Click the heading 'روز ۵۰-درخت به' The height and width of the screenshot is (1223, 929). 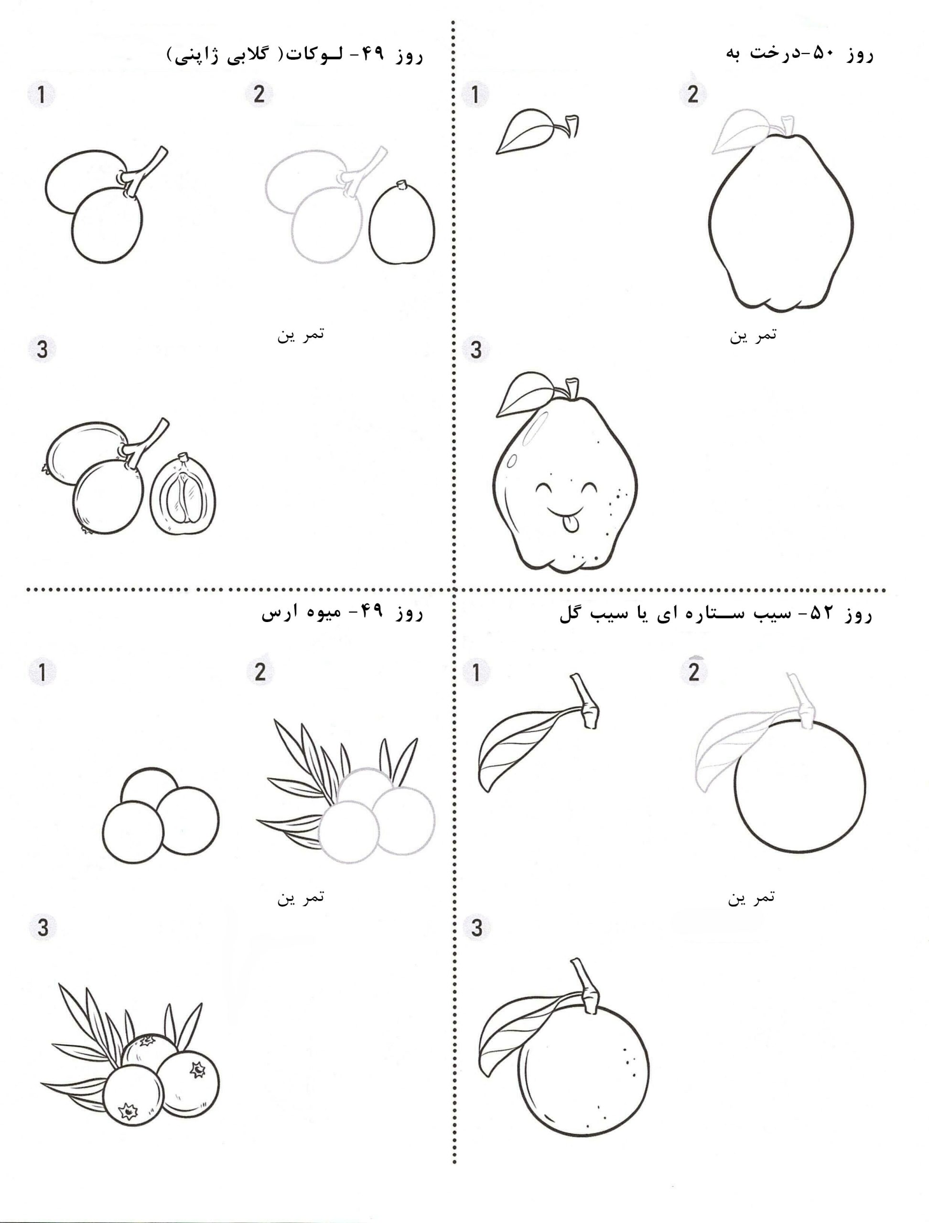click(799, 55)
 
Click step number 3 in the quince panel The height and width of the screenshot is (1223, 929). click(476, 350)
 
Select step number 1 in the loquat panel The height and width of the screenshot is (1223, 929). click(42, 95)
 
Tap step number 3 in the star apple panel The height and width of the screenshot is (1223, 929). click(476, 927)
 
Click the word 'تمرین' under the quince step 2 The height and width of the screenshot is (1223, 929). click(753, 335)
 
